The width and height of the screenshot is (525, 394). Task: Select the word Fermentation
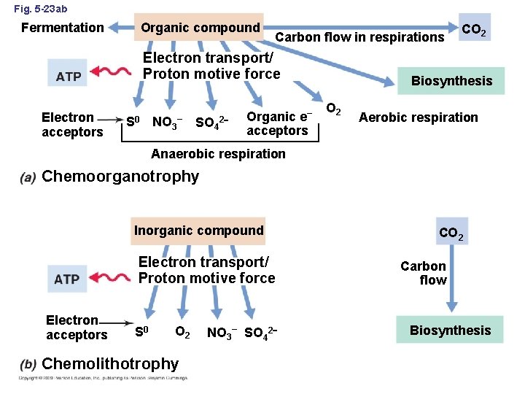(63, 28)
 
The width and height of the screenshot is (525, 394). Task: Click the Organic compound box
(200, 28)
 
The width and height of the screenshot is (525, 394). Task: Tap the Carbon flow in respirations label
(359, 37)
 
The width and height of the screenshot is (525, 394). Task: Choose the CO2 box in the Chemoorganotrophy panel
(475, 31)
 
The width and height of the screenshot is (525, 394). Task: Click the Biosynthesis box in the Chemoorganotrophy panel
(451, 81)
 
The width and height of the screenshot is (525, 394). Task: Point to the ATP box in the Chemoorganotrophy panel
(69, 76)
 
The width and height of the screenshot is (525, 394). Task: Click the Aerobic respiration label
(418, 117)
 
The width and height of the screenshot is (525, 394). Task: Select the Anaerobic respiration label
(218, 154)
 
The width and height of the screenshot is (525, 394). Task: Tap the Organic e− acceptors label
(279, 124)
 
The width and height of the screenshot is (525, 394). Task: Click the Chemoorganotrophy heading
(120, 177)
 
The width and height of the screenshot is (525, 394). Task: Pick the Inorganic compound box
(198, 231)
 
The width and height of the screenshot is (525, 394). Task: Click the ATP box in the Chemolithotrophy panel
(67, 279)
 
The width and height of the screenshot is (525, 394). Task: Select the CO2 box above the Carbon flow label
(451, 234)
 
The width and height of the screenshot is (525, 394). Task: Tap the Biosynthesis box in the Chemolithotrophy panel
(450, 331)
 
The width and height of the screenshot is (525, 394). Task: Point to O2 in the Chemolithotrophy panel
(183, 332)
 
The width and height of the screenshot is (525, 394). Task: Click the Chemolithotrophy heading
(110, 363)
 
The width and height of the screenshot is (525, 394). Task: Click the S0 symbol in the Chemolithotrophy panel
(143, 333)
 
